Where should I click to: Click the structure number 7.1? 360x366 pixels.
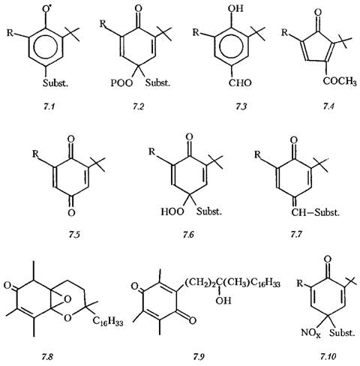[49, 106]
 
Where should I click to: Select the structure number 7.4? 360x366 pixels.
[328, 106]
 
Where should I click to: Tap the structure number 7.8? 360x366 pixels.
[47, 356]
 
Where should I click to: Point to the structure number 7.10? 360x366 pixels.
[328, 356]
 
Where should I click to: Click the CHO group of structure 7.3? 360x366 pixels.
[240, 82]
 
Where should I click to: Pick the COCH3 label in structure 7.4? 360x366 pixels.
[340, 81]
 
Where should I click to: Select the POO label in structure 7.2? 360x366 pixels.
[121, 82]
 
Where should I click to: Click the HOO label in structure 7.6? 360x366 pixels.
[172, 211]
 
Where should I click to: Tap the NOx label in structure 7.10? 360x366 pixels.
[310, 333]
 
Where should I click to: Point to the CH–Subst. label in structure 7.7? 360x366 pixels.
[315, 212]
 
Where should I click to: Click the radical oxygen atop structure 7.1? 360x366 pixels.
[46, 9]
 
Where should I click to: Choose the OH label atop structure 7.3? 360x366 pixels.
[235, 8]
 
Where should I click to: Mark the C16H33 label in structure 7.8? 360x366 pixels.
[108, 321]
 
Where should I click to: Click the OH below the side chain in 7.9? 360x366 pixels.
[223, 300]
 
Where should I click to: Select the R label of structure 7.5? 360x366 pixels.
[35, 154]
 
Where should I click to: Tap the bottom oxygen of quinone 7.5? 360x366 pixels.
[71, 213]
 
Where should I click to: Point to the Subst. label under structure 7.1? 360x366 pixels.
[55, 82]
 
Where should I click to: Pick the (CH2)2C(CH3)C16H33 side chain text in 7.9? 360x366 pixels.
[232, 283]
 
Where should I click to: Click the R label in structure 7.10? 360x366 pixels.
[300, 284]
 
